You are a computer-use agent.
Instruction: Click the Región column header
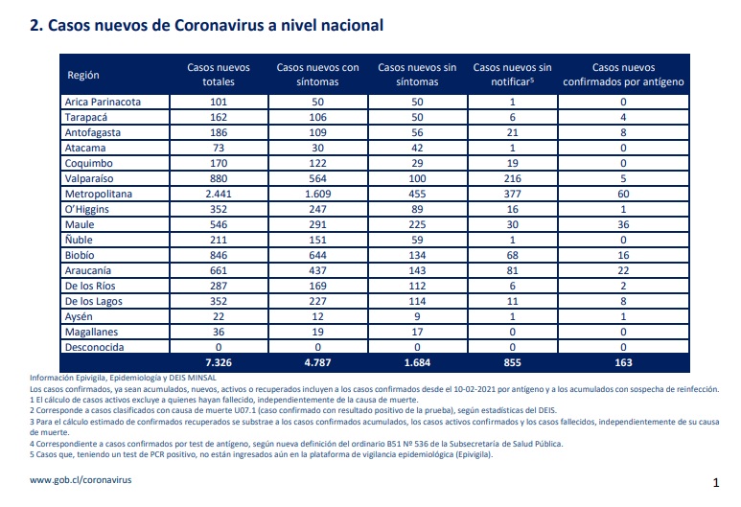(83, 75)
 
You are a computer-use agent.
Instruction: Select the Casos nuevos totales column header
(219, 75)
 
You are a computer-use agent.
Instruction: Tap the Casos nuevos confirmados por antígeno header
(623, 75)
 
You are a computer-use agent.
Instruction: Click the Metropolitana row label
(99, 194)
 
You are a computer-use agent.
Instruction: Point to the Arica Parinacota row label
(103, 102)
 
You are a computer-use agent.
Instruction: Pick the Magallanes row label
(91, 332)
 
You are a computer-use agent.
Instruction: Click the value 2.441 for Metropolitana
(219, 194)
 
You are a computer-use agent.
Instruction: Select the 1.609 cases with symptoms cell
(317, 194)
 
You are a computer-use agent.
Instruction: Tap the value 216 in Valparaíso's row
(512, 178)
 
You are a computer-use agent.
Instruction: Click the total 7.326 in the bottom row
(219, 362)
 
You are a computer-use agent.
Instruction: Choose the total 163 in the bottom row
(623, 362)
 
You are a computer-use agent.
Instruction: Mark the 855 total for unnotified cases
(512, 362)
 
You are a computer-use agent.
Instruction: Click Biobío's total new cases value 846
(219, 255)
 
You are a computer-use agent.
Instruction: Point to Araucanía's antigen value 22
(623, 270)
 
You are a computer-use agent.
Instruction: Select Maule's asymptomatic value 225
(417, 224)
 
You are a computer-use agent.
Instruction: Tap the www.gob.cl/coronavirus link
(81, 479)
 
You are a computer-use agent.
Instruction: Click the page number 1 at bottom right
(716, 482)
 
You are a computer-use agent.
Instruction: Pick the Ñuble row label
(79, 240)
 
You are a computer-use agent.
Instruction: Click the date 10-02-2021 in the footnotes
(475, 389)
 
